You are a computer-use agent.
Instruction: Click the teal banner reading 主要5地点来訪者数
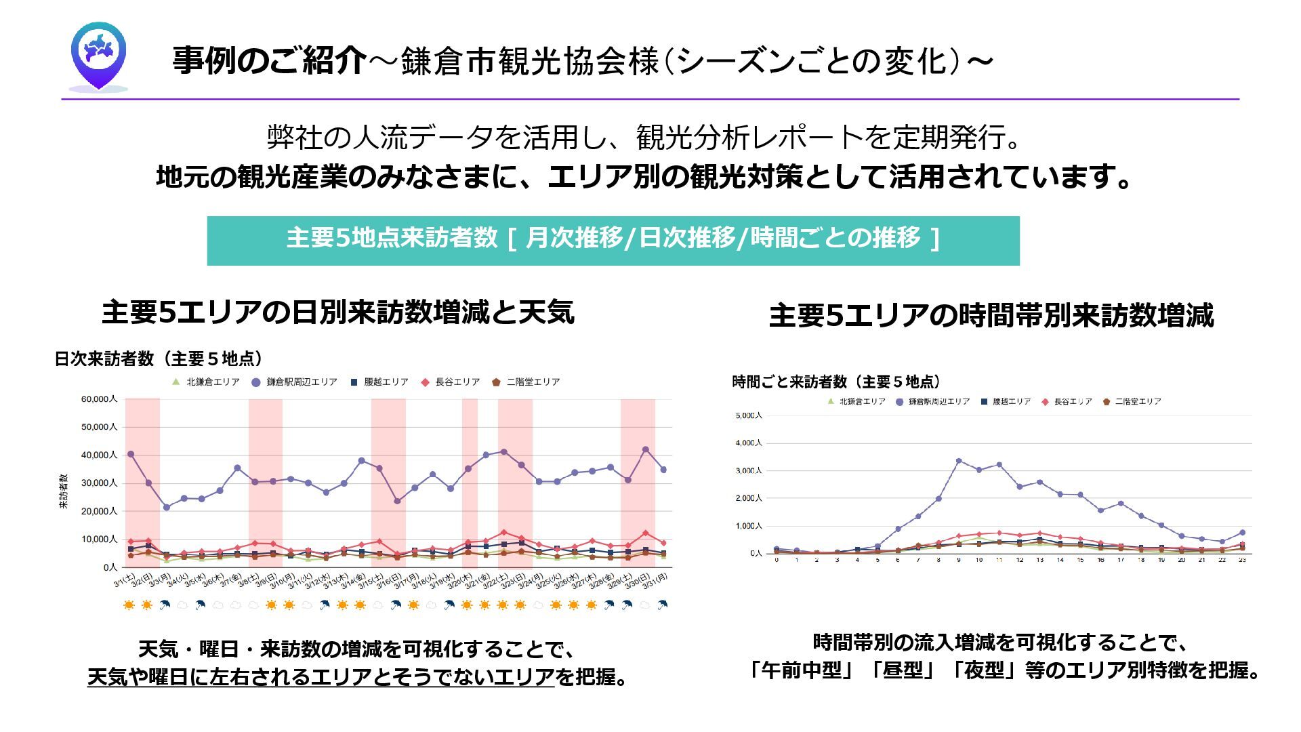613,240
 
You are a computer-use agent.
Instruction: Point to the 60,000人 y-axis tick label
99,399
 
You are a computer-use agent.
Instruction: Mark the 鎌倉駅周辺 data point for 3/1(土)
131,454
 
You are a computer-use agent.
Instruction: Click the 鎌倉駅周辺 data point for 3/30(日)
645,449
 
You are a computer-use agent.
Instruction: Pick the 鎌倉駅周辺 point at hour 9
959,461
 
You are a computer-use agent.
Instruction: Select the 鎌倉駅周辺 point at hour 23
1242,533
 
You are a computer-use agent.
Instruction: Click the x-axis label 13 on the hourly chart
1039,561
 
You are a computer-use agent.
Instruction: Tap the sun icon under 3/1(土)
129,605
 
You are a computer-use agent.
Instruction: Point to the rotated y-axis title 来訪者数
64,491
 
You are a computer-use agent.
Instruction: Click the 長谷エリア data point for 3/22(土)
503,533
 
